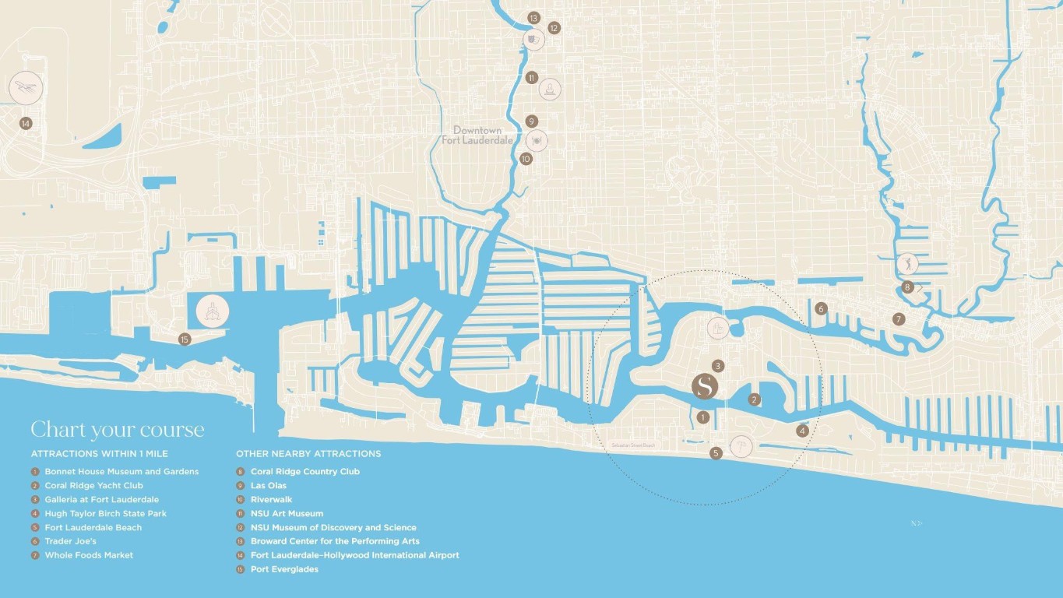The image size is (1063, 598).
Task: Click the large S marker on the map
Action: point(705,386)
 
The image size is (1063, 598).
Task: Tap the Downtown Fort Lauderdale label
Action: point(477,135)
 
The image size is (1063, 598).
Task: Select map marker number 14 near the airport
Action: point(26,123)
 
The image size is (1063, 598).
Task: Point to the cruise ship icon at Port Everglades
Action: point(212,311)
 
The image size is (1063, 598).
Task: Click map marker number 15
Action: point(185,339)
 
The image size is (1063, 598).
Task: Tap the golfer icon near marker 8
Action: point(907,263)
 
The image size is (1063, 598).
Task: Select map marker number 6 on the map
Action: point(821,308)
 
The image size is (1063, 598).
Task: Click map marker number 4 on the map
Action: point(802,430)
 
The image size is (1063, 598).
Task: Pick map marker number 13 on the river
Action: point(533,17)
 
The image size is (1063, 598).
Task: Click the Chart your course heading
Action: point(118,430)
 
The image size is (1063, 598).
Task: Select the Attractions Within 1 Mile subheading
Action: point(100,453)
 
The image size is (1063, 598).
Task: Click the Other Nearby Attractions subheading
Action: point(308,453)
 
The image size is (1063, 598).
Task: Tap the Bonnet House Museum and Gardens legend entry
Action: point(121,471)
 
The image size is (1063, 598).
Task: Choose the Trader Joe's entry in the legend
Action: point(70,541)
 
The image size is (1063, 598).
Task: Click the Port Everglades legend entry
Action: point(284,569)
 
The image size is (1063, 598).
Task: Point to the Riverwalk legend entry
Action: point(271,499)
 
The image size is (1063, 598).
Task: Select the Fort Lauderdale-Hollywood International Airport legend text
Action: point(354,555)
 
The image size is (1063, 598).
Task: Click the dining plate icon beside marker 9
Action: point(537,140)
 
